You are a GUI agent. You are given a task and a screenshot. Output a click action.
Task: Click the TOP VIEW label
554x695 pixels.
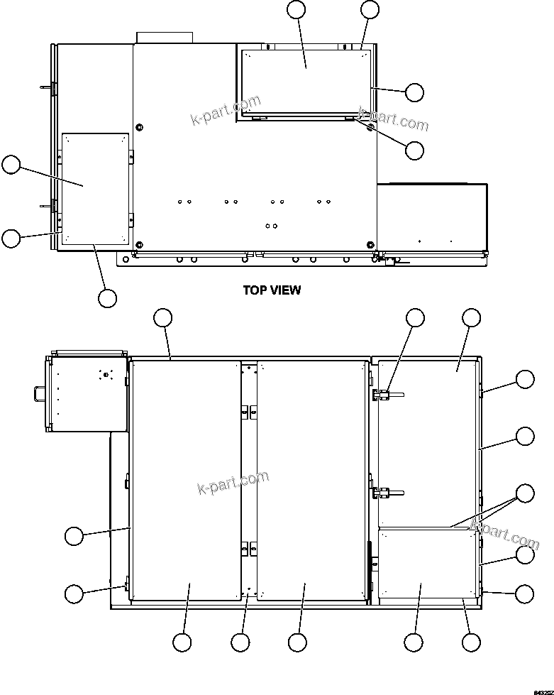pos(272,290)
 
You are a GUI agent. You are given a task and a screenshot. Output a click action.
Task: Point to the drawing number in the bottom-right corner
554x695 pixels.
pos(541,689)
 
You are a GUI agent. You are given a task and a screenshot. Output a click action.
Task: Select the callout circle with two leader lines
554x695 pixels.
pos(525,493)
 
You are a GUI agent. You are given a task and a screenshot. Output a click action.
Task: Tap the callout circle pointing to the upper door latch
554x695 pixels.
pos(415,318)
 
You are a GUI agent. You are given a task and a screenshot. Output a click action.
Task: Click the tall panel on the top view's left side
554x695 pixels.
pos(94,188)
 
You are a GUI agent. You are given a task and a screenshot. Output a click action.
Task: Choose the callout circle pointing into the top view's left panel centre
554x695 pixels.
pos(11,165)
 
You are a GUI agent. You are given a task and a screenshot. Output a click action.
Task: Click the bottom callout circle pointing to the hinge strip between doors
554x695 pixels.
pos(240,642)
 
